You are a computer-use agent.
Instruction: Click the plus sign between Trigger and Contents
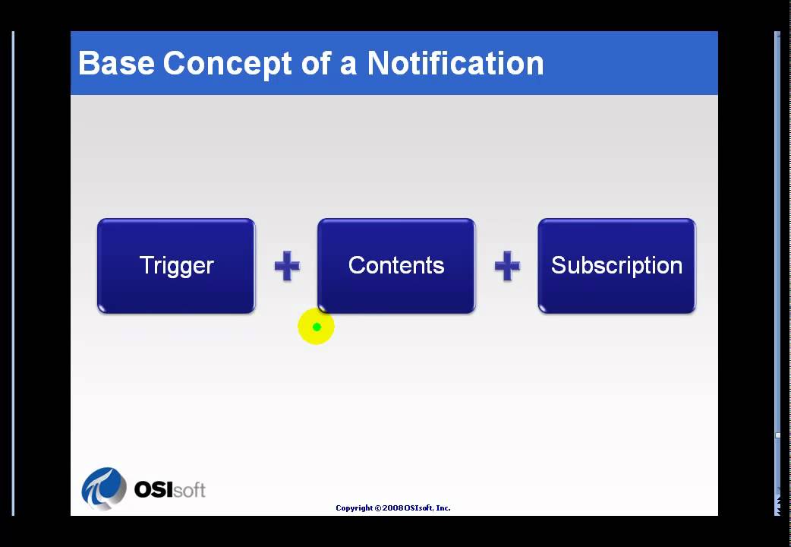(x=287, y=267)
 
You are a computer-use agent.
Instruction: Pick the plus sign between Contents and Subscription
(x=507, y=267)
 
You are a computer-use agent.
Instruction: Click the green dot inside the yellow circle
(x=317, y=327)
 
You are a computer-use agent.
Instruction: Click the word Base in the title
(x=116, y=63)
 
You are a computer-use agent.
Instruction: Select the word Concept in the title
(x=228, y=63)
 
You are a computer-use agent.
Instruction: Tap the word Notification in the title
(x=455, y=63)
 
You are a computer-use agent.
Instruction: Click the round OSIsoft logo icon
(x=104, y=488)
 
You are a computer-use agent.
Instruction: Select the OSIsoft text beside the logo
(x=169, y=489)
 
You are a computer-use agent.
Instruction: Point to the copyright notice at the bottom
(x=392, y=507)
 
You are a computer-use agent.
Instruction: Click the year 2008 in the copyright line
(x=393, y=507)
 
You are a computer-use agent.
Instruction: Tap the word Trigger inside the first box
(x=176, y=265)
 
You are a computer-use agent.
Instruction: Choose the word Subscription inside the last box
(x=616, y=265)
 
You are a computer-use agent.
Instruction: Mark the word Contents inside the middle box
(x=396, y=265)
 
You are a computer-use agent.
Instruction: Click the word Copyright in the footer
(x=354, y=507)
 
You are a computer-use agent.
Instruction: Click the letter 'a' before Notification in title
(x=348, y=64)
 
